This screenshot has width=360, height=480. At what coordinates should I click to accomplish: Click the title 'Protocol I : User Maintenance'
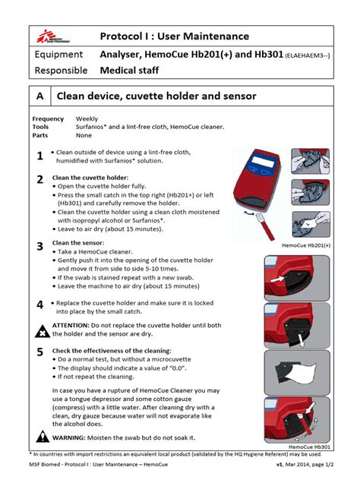[x=174, y=36]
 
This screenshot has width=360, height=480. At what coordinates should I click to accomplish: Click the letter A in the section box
[x=38, y=96]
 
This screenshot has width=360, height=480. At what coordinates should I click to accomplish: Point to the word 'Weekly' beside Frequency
[x=87, y=119]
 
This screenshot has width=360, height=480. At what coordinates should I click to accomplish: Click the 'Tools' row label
[x=42, y=128]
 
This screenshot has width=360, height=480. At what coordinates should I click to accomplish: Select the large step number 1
[x=39, y=156]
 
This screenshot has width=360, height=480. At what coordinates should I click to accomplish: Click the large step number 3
[x=39, y=247]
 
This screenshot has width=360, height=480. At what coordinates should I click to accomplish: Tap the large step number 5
[x=39, y=352]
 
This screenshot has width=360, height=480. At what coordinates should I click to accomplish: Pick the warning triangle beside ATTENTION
[x=41, y=330]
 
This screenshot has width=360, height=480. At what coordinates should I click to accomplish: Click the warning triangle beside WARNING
[x=41, y=438]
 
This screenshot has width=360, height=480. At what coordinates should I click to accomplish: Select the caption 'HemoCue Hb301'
[x=311, y=447]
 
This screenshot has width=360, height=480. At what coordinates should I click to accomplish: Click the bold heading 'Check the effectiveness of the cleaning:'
[x=122, y=350]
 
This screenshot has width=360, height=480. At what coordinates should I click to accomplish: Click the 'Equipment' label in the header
[x=58, y=55]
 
